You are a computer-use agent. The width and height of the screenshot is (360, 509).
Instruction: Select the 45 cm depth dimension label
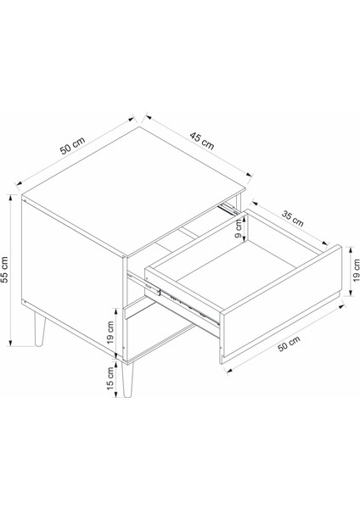(202, 142)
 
